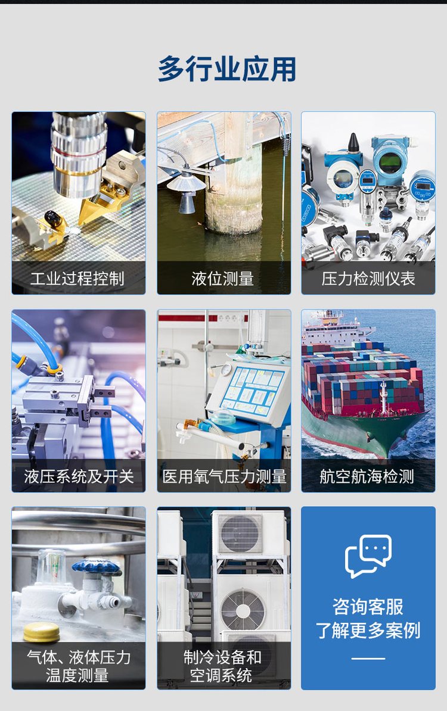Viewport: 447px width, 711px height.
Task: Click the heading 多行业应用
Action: [x=227, y=69]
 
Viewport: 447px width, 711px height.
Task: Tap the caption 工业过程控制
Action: [x=77, y=278]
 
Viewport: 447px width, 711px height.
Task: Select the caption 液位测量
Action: [x=223, y=278]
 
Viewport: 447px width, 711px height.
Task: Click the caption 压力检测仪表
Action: [x=368, y=278]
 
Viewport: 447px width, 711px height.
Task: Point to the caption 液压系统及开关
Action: [x=79, y=476]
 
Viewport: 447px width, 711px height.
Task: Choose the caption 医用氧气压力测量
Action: [x=224, y=476]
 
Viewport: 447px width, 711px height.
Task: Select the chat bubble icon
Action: [x=368, y=556]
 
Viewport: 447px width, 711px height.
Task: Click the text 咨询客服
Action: [x=368, y=606]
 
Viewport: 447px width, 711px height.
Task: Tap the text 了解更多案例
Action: [x=368, y=630]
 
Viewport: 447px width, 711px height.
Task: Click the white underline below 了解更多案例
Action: [x=368, y=659]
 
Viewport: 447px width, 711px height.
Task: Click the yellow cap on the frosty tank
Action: [x=41, y=632]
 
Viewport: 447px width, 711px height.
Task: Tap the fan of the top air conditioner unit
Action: [x=240, y=534]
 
